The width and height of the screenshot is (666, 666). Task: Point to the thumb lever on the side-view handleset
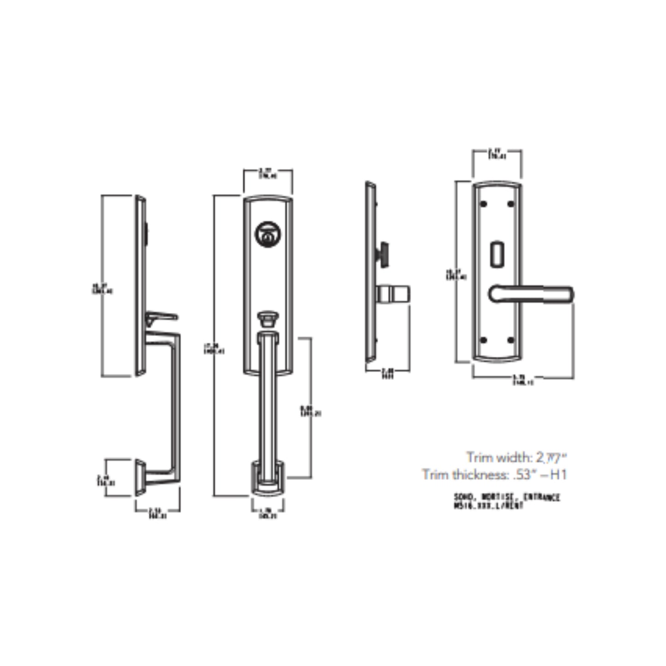point(162,317)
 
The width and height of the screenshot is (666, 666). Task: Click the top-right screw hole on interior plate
point(510,204)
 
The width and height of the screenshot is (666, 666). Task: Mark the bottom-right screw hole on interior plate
point(510,340)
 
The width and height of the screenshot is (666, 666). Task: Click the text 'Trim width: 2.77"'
point(516,458)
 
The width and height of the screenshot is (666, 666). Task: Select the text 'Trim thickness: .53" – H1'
point(494,474)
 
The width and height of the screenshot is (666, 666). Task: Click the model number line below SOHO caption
point(489,506)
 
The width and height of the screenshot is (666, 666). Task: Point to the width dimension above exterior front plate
point(268,174)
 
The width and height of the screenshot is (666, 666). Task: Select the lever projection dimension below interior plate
point(523,380)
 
